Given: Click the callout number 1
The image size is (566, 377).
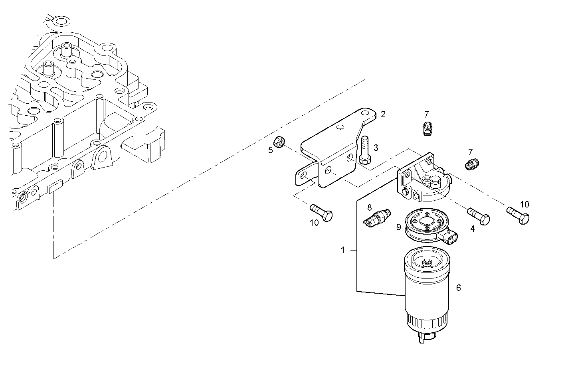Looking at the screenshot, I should [x=342, y=250].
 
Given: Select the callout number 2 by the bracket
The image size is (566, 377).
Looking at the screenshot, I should [x=383, y=114].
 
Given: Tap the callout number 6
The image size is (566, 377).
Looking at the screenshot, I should [x=459, y=288].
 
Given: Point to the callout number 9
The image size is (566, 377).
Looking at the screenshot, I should [x=398, y=227].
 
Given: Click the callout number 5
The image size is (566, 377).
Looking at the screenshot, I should [x=271, y=150].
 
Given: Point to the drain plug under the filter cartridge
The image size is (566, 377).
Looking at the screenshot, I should [x=425, y=338].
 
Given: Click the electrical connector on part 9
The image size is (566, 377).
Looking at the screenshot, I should [x=450, y=239].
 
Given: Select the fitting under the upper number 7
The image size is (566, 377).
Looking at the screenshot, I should [x=427, y=129].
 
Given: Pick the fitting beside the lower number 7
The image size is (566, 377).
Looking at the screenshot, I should [x=472, y=164].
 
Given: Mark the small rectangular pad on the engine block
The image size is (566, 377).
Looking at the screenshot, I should [x=55, y=187].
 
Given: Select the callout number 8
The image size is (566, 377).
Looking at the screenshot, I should [x=369, y=207].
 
